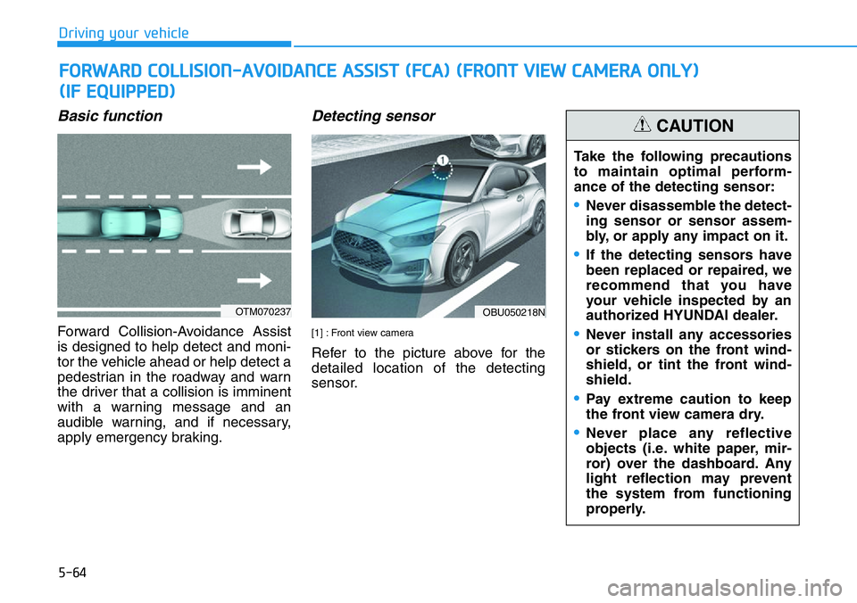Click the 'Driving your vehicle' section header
123,33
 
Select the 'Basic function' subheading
110,116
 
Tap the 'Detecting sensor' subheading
373,116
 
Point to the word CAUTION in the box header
695,127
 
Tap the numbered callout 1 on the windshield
441,160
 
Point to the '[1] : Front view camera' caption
362,333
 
